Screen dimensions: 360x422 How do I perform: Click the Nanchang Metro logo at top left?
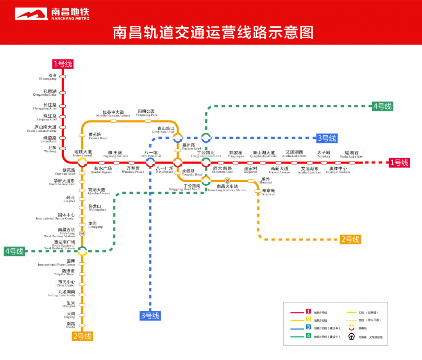(x=52, y=14)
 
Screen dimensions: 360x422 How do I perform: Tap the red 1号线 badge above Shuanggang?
(x=63, y=64)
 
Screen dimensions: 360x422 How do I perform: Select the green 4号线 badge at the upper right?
(x=382, y=106)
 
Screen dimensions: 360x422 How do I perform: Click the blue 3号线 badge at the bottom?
(x=150, y=315)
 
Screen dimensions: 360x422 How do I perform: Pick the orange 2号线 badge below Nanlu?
(x=82, y=336)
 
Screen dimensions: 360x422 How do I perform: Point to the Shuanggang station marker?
(x=63, y=77)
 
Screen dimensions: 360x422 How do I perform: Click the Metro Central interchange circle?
(x=82, y=162)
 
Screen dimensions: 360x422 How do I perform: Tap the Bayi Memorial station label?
(x=150, y=154)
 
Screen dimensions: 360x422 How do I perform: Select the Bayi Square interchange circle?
(x=178, y=163)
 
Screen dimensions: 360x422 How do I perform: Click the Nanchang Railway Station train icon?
(x=227, y=181)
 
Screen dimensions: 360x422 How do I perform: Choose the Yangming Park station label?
(x=146, y=113)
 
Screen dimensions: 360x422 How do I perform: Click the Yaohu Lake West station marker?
(x=352, y=163)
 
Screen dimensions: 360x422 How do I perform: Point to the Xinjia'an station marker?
(x=258, y=191)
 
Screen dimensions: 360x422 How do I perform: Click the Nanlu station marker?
(x=82, y=325)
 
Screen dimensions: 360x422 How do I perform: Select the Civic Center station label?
(x=66, y=283)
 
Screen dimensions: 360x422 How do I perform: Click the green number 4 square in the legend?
(x=308, y=336)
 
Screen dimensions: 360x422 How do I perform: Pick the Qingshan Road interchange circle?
(x=178, y=138)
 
